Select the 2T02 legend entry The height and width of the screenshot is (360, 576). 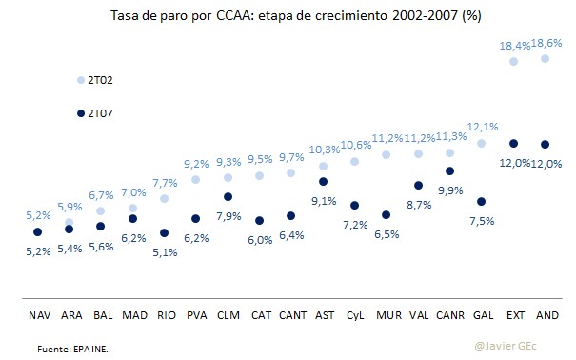[x=93, y=81]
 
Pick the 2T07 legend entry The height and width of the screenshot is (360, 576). [x=93, y=113]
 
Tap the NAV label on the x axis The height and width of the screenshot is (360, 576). [x=37, y=313]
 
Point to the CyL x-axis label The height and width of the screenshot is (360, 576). [x=354, y=313]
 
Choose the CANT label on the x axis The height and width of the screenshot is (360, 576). [x=291, y=313]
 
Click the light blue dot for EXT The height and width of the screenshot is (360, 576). [x=513, y=61]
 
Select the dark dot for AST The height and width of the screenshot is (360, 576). [x=323, y=181]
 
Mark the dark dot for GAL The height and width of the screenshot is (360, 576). [x=482, y=202]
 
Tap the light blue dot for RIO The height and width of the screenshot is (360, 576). [x=164, y=198]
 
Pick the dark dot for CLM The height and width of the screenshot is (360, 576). [x=228, y=197]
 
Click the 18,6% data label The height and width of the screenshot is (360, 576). [x=545, y=44]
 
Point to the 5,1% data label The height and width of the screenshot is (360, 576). [x=164, y=251]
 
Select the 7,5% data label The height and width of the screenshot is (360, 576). [x=482, y=222]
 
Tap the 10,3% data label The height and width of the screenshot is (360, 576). [x=323, y=150]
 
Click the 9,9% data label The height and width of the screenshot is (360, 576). [x=449, y=191]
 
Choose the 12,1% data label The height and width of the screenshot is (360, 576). [x=482, y=127]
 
